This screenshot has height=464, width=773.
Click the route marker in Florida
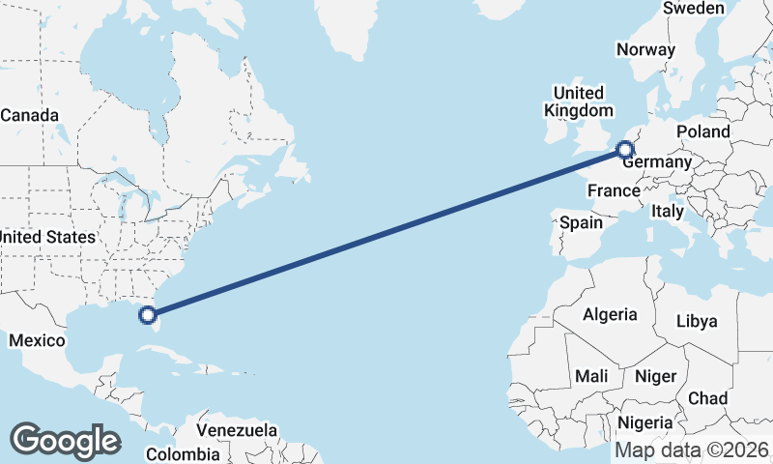tap(147, 314)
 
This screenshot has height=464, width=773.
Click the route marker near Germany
tap(625, 149)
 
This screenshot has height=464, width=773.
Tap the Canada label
tap(29, 115)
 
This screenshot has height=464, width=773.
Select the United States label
tap(47, 237)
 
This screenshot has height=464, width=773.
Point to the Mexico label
tap(37, 340)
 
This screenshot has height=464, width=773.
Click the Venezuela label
tap(237, 430)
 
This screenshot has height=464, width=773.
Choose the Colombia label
tap(183, 453)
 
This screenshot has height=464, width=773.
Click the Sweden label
tap(693, 9)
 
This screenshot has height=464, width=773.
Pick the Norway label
tap(644, 49)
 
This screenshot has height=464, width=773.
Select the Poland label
tap(703, 131)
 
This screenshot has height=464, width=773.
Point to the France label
tap(615, 190)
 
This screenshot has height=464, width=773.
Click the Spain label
tap(581, 222)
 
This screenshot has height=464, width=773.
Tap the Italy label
tap(667, 211)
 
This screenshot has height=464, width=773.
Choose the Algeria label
tap(610, 314)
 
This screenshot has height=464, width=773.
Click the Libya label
tap(697, 321)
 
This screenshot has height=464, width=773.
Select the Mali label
tap(590, 375)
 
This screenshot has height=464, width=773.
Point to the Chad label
tap(707, 398)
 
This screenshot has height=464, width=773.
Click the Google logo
tap(65, 440)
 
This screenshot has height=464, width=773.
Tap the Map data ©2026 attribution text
tap(693, 449)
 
